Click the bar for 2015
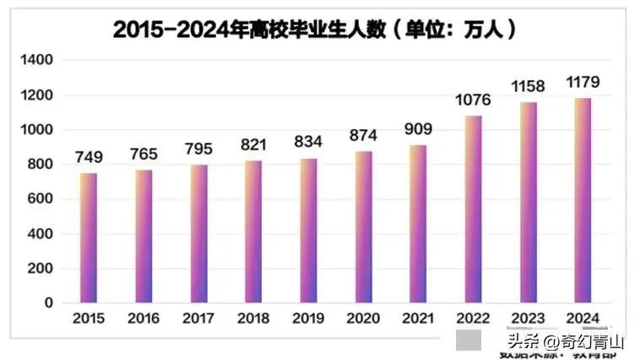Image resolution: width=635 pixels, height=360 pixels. pyautogui.click(x=89, y=237)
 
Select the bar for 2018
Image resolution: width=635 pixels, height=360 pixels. pyautogui.click(x=253, y=231)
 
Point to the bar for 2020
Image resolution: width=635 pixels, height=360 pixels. pyautogui.click(x=363, y=226)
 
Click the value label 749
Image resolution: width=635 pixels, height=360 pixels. pyautogui.click(x=89, y=158)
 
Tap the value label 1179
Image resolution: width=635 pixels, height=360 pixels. pyautogui.click(x=583, y=84)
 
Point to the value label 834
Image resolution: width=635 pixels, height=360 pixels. pyautogui.click(x=308, y=142)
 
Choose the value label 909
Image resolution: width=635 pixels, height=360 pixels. pyautogui.click(x=418, y=130)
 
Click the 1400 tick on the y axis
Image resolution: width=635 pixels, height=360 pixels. pyautogui.click(x=37, y=61)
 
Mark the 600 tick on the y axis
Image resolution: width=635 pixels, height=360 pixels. pyautogui.click(x=41, y=199)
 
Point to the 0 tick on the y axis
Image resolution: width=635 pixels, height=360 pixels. pyautogui.click(x=48, y=303)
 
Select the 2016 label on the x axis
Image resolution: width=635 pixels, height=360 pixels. pyautogui.click(x=144, y=319)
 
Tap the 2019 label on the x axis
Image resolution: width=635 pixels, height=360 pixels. pyautogui.click(x=308, y=319)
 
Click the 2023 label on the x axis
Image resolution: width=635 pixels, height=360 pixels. pyautogui.click(x=528, y=319)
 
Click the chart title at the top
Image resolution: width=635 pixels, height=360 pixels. pyautogui.click(x=315, y=30)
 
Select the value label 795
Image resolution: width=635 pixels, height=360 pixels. pyautogui.click(x=198, y=150)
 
